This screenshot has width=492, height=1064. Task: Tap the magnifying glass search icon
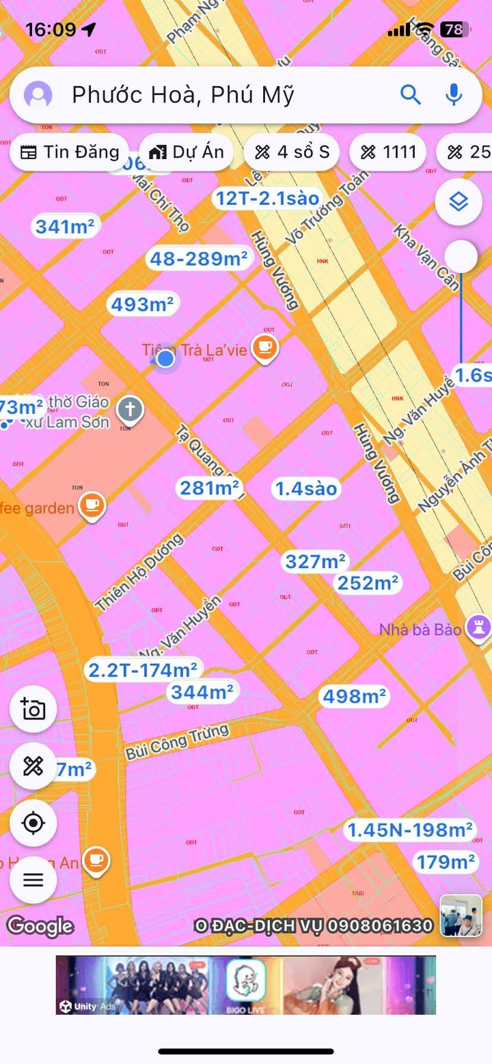point(410,94)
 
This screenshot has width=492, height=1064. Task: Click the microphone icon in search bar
point(454,94)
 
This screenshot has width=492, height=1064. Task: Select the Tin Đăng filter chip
point(69,152)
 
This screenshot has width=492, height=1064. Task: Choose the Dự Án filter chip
point(187,152)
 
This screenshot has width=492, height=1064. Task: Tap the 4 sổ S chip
point(292,152)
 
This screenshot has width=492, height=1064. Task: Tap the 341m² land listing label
point(65,226)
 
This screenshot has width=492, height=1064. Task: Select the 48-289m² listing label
point(199,258)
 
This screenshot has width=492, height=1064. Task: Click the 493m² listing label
point(143,304)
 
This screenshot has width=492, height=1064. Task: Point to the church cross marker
point(130,410)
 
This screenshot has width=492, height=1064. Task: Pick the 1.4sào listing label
point(306,488)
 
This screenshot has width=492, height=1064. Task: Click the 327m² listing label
point(315,561)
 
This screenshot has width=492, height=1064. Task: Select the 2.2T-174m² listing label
point(143,670)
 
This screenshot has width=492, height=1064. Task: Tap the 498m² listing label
point(353,696)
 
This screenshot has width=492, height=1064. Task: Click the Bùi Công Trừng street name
point(177,742)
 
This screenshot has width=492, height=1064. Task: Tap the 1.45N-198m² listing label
point(410,830)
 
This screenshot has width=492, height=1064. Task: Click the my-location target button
point(33,823)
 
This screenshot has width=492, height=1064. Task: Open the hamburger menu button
point(33,880)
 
